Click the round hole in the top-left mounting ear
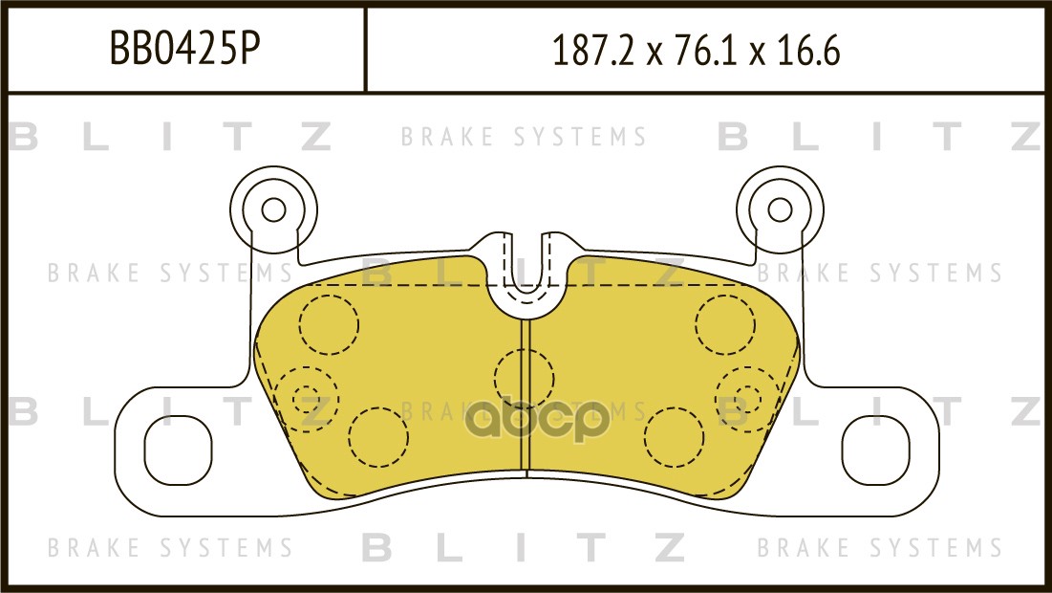pyautogui.click(x=273, y=209)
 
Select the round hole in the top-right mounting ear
pyautogui.click(x=780, y=209)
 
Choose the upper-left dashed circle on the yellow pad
pyautogui.click(x=328, y=324)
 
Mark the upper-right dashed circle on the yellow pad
pyautogui.click(x=725, y=324)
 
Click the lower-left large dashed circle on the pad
pyautogui.click(x=378, y=436)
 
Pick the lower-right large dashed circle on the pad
pyautogui.click(x=675, y=436)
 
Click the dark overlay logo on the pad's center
pyautogui.click(x=537, y=420)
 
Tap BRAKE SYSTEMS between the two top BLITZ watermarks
pyautogui.click(x=524, y=138)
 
